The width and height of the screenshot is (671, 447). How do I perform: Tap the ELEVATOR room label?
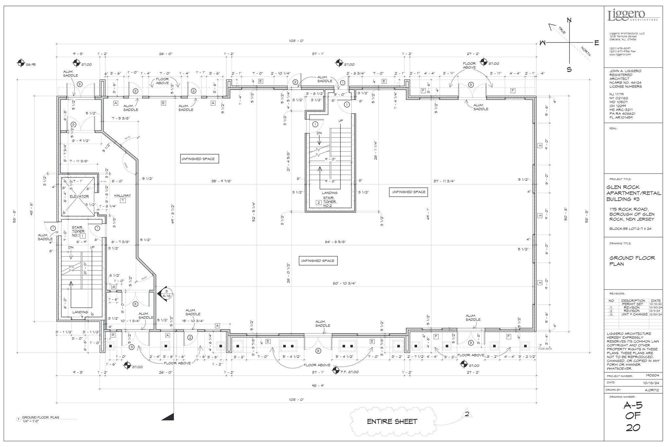click(x=79, y=196)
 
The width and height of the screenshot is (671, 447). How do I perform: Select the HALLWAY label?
click(x=123, y=196)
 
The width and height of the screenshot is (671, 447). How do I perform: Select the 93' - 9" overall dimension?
click(x=318, y=386)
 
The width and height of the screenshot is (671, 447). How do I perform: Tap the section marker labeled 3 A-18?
click(x=166, y=293)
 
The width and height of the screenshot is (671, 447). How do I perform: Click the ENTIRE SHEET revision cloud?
click(x=392, y=421)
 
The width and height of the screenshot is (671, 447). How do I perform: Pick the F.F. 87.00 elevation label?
click(x=350, y=372)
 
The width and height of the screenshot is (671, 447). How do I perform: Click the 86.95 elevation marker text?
click(x=31, y=65)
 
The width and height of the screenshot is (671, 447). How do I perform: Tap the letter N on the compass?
click(x=569, y=21)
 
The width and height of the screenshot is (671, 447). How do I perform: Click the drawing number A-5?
click(x=633, y=406)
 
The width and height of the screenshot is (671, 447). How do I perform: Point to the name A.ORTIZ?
click(x=651, y=390)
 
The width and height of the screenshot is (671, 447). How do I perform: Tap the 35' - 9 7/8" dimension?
click(x=221, y=181)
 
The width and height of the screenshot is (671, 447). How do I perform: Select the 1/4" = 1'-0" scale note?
click(x=31, y=421)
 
